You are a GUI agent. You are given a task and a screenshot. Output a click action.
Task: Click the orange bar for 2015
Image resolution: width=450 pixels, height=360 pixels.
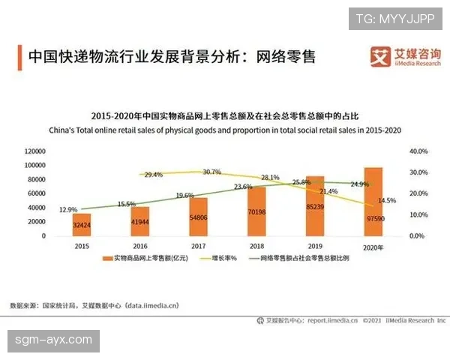(82, 225)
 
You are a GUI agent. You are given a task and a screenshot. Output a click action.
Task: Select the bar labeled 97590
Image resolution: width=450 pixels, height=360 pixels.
(373, 202)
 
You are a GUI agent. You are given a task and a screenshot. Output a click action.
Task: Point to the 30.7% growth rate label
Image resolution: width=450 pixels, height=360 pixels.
(211, 172)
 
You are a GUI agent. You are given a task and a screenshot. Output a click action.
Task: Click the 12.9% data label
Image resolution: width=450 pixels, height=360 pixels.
(67, 209)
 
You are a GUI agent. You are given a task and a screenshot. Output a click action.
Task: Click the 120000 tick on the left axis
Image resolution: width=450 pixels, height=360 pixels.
(34, 151)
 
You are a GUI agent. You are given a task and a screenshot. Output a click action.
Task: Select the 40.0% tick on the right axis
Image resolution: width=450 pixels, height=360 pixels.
(418, 151)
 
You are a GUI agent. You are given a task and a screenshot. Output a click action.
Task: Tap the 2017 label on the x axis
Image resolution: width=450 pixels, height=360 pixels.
(197, 245)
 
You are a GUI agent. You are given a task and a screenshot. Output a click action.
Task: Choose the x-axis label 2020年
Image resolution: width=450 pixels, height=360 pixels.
(373, 245)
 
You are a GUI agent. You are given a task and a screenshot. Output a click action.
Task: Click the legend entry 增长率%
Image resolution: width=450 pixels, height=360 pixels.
(223, 258)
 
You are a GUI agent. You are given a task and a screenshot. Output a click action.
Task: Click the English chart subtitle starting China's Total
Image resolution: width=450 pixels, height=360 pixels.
(225, 130)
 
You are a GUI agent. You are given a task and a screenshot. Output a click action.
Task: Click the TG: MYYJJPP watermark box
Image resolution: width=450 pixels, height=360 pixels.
(396, 18)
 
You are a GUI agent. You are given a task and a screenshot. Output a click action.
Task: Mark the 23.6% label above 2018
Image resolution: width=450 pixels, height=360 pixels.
(242, 187)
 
